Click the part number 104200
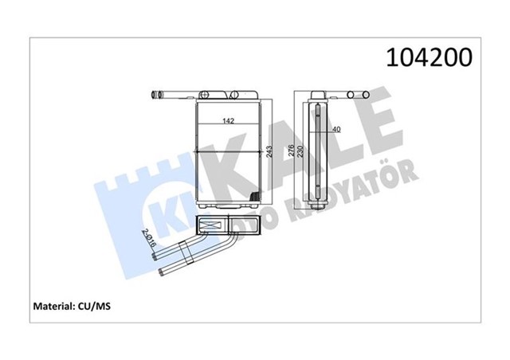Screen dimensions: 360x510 pyautogui.click(x=429, y=57)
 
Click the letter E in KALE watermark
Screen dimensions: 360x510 pyautogui.click(x=373, y=131)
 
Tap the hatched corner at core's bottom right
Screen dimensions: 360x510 pyautogui.click(x=253, y=198)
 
